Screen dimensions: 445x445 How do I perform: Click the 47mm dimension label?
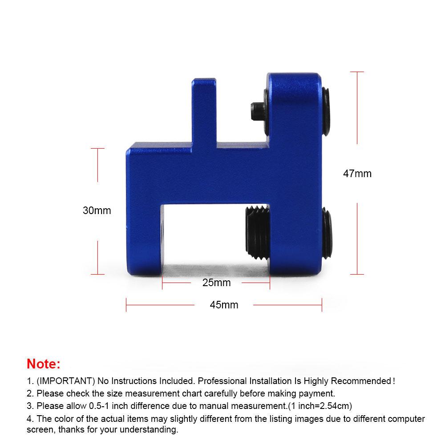point(357,174)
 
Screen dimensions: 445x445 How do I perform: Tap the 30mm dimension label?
point(97,210)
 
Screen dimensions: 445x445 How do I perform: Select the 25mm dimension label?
point(216,283)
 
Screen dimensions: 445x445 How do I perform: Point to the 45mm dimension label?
point(224,305)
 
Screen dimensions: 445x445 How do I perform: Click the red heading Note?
point(43,364)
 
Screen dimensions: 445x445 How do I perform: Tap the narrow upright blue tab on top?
point(204,111)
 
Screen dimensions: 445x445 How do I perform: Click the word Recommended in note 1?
point(363,381)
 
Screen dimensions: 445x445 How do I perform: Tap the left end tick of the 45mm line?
point(126,305)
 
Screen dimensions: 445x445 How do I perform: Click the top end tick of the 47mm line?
point(357,72)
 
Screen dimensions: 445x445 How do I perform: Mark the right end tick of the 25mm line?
point(270,283)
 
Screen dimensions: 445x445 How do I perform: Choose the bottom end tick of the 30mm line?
point(97,274)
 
